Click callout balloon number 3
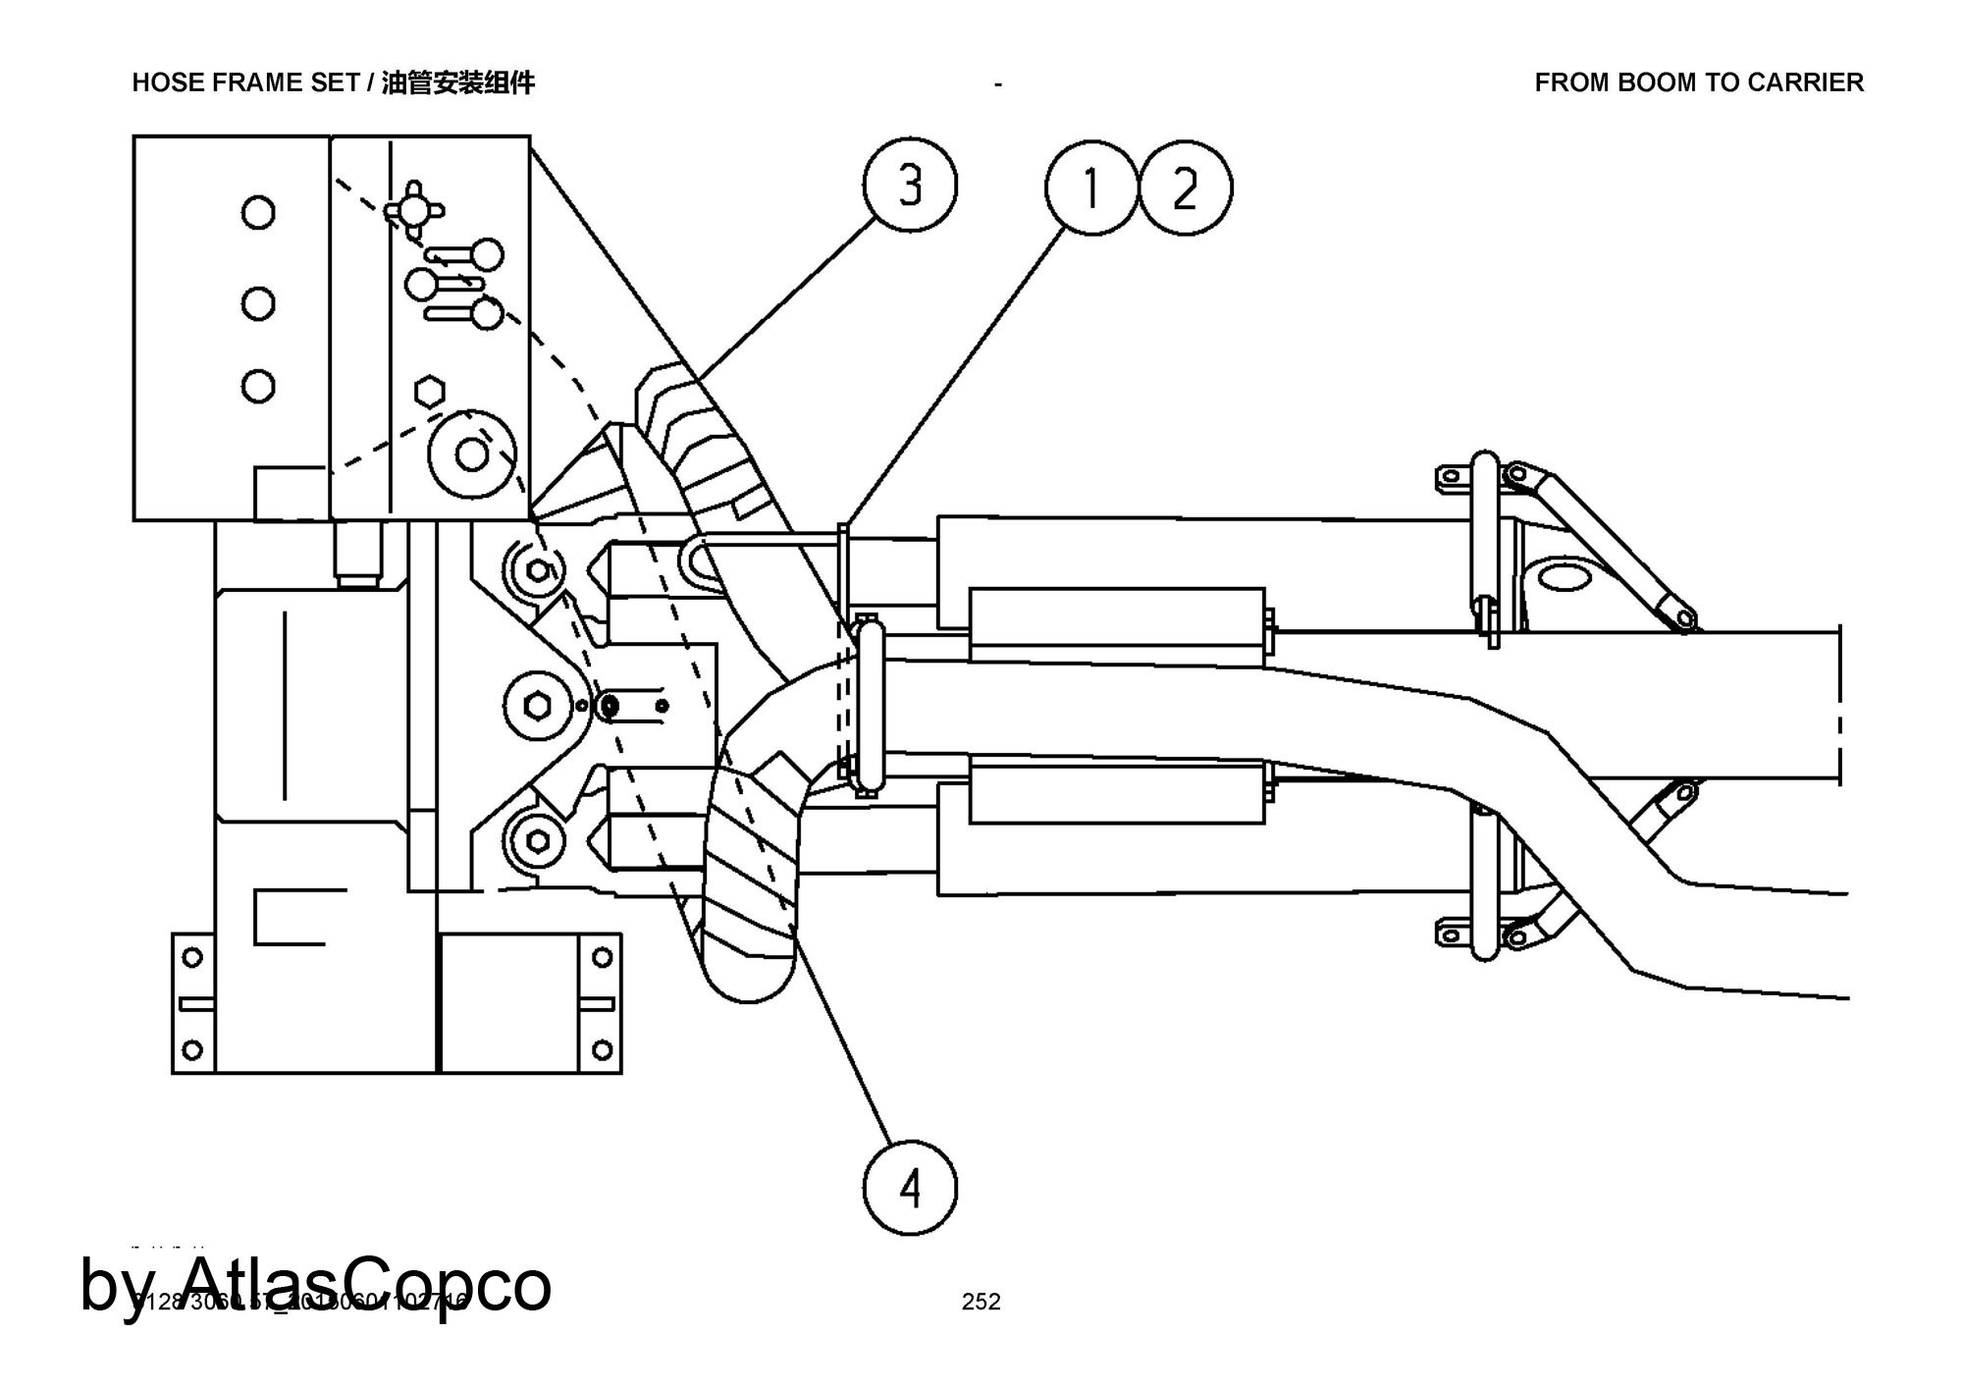(910, 185)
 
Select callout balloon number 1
(1089, 187)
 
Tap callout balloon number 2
(1185, 187)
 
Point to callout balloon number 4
(910, 1189)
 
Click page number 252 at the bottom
(981, 1302)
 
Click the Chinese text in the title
(457, 83)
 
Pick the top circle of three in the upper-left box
(258, 212)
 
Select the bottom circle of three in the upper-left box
(258, 386)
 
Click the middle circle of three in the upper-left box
(258, 303)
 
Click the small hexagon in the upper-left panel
(427, 392)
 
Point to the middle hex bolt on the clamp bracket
(537, 705)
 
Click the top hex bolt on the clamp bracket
(538, 570)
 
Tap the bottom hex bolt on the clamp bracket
(538, 841)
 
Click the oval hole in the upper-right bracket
(1568, 576)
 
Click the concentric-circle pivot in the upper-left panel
(472, 454)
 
